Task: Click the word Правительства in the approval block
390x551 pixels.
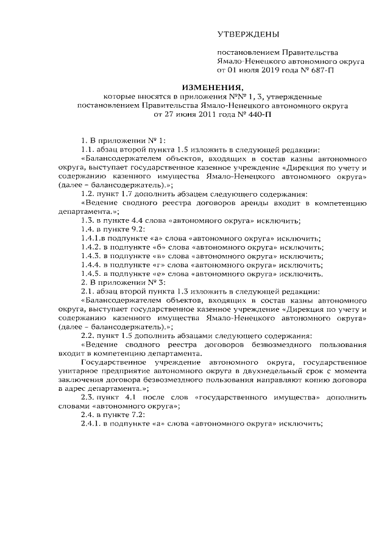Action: (308, 53)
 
